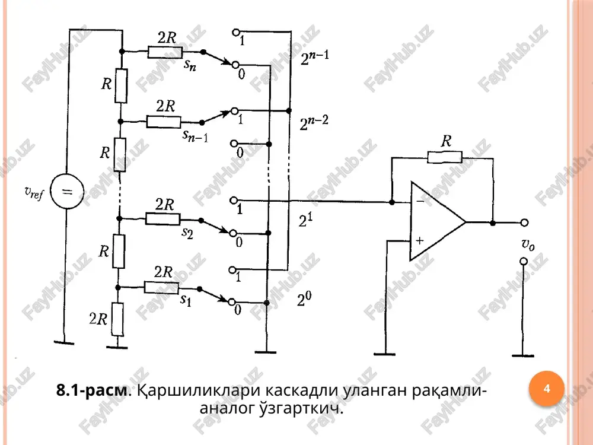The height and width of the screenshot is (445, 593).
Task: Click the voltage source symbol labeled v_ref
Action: (x=67, y=192)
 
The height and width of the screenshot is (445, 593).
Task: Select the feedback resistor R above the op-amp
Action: (x=445, y=157)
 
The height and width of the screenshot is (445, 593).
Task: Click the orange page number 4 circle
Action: (x=547, y=389)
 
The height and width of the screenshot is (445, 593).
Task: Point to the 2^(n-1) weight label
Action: (x=315, y=58)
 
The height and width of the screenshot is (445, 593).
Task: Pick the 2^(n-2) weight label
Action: (x=314, y=123)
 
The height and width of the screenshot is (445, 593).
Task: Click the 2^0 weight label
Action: (x=304, y=299)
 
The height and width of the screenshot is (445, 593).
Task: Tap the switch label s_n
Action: (x=190, y=65)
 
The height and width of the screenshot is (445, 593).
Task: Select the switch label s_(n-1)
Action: (x=195, y=135)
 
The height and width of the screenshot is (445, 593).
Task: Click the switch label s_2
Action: (x=187, y=233)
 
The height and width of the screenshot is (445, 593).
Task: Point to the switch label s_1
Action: (x=186, y=300)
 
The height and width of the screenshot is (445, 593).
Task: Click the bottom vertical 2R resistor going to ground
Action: (x=117, y=319)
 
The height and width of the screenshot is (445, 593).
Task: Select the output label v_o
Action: (x=528, y=244)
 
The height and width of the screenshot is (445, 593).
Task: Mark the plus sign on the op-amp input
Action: (x=420, y=240)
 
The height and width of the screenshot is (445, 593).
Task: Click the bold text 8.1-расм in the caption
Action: (x=91, y=390)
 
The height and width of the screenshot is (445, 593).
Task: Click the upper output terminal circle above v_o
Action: (x=524, y=223)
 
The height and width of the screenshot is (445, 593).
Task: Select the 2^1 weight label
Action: (x=305, y=220)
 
